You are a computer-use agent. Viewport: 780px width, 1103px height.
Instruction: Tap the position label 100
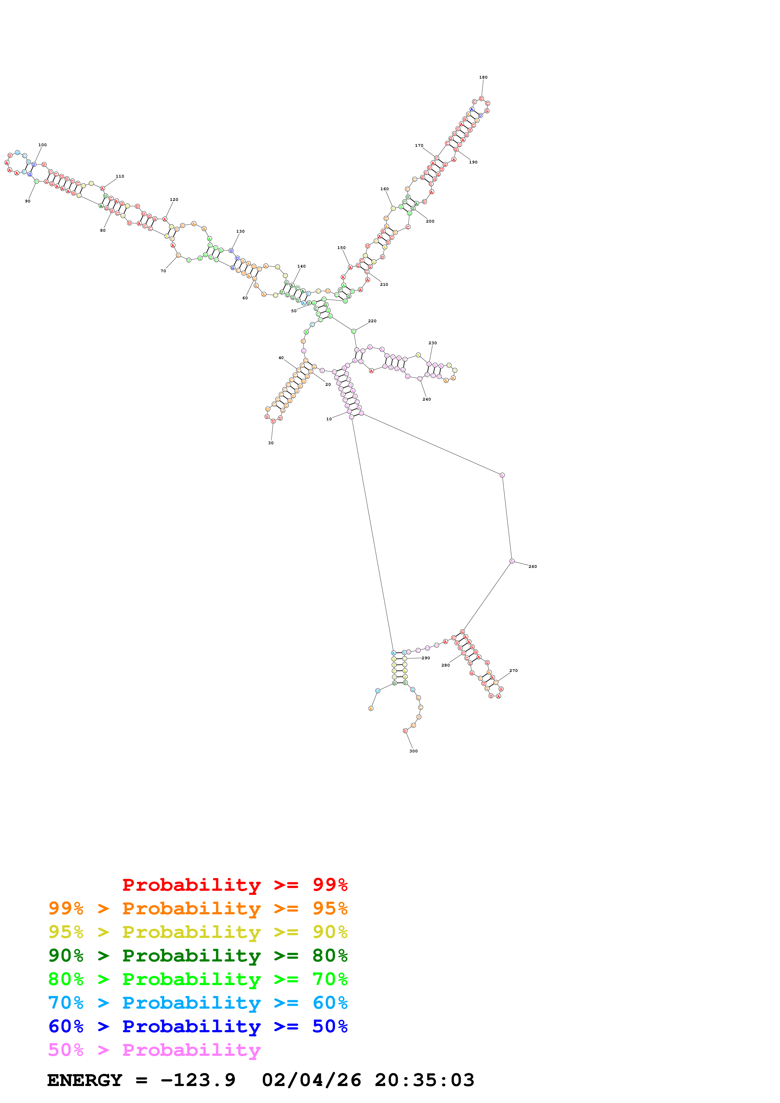(42, 145)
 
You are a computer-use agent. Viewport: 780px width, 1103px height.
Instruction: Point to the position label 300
(413, 751)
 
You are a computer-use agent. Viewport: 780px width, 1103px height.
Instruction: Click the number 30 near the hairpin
(271, 443)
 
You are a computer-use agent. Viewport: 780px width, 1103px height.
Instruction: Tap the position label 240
(426, 399)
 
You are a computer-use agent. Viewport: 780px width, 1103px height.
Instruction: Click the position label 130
(240, 231)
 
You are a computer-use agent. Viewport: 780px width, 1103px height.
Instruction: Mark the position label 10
(329, 419)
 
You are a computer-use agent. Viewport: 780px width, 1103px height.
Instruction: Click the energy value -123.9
(198, 1080)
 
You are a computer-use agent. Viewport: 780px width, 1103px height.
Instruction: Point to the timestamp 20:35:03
(424, 1080)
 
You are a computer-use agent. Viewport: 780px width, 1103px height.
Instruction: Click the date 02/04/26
(311, 1080)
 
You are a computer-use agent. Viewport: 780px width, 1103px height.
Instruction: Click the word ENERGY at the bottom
(85, 1080)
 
